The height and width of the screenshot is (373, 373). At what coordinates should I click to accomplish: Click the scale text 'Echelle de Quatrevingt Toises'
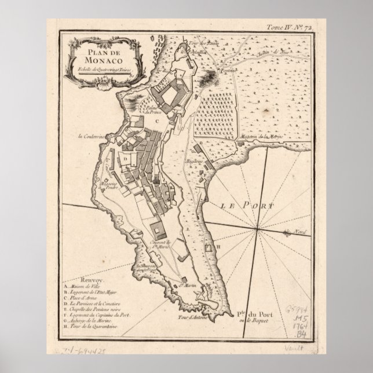[x=96, y=70]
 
